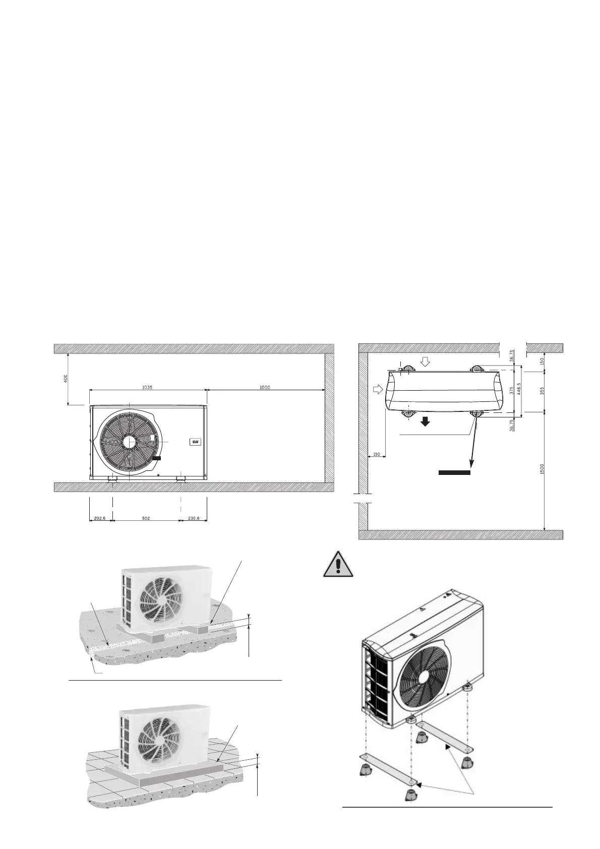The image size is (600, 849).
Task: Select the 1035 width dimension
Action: click(x=147, y=387)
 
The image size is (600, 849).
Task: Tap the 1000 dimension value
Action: click(x=265, y=387)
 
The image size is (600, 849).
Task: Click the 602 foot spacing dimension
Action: click(x=146, y=518)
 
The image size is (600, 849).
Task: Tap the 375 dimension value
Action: click(x=511, y=391)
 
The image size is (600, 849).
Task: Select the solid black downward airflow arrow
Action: click(x=426, y=421)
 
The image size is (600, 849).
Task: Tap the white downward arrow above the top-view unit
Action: click(x=426, y=361)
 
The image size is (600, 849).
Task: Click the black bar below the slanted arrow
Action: click(x=454, y=473)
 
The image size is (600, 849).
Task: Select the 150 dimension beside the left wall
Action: click(x=376, y=454)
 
